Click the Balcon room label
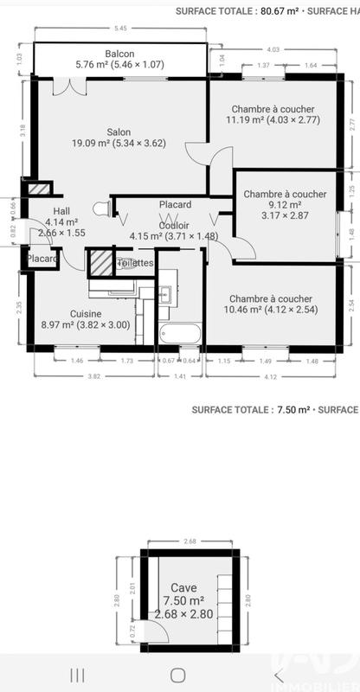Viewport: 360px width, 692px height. [119, 54]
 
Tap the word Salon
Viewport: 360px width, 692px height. [119, 132]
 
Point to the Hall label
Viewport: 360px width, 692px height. [61, 211]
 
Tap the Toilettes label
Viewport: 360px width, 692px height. [137, 263]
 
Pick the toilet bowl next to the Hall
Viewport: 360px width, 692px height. [100, 208]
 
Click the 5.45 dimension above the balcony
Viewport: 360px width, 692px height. [120, 29]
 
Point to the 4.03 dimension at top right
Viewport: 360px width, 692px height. [272, 49]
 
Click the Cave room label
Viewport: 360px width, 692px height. [183, 586]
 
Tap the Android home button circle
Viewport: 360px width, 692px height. [179, 674]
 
